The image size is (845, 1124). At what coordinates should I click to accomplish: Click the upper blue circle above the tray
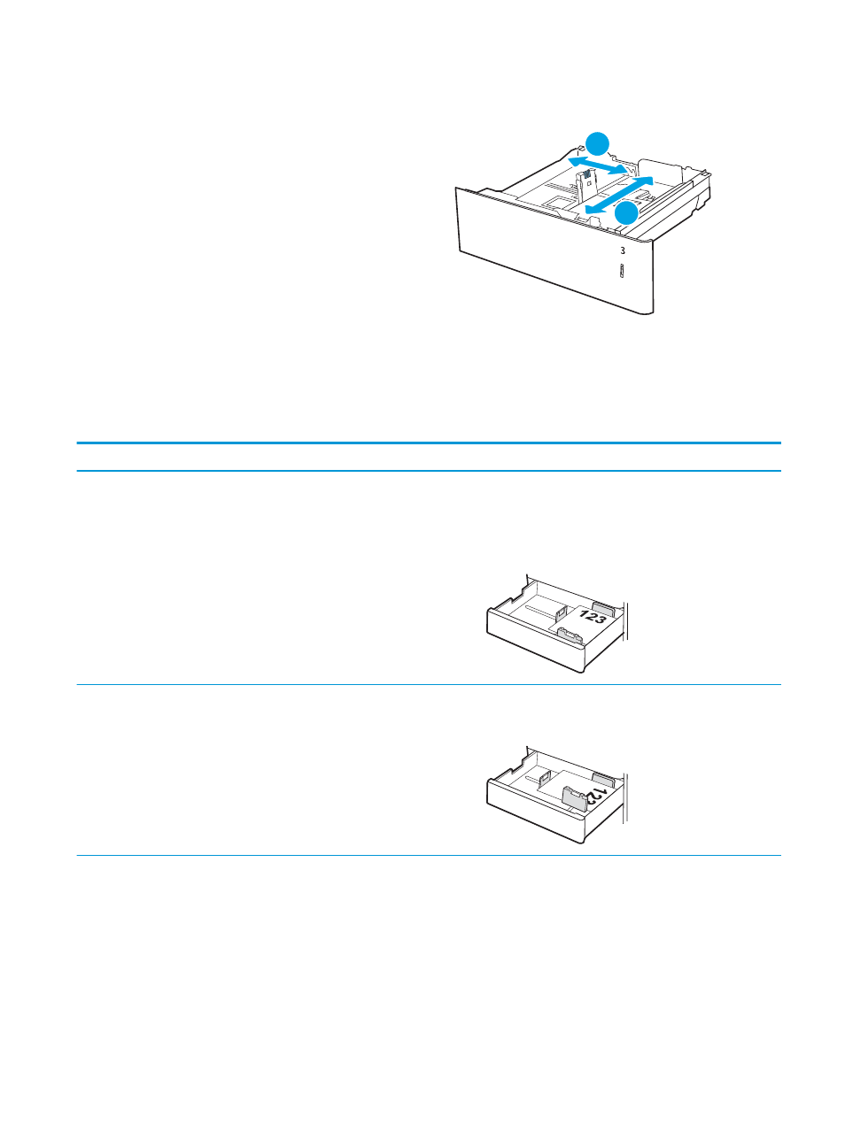tap(598, 143)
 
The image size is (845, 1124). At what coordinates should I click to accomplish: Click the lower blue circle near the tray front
tap(627, 213)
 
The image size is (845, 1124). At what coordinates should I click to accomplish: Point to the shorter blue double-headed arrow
tap(598, 166)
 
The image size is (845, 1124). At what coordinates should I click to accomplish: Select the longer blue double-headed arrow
tap(619, 195)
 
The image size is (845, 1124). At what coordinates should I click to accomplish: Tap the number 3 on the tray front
tap(623, 251)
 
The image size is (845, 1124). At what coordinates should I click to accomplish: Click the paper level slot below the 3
tap(622, 271)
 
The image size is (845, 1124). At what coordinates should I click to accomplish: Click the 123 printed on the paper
tap(593, 617)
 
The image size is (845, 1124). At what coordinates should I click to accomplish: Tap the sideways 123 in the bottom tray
tap(595, 797)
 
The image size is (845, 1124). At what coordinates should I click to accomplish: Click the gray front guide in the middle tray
tap(570, 636)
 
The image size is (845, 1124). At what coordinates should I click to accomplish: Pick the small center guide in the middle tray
tap(561, 612)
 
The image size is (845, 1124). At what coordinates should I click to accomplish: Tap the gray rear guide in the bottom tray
tap(604, 780)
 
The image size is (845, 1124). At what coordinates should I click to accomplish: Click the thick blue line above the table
tap(429, 443)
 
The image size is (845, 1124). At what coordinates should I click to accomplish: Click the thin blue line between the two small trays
tap(429, 685)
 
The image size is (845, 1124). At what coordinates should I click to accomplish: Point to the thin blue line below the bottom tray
tap(429, 855)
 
